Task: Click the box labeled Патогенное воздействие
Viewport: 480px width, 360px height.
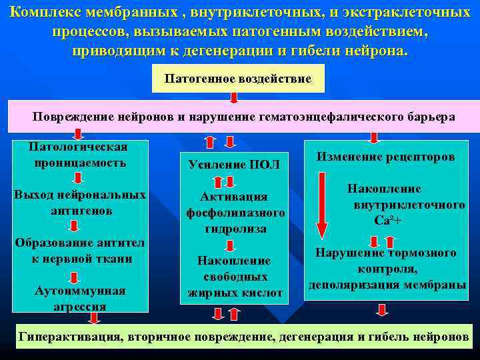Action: click(238, 79)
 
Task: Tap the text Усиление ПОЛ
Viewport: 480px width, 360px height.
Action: click(234, 164)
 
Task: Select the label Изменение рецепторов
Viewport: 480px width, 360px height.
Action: click(385, 157)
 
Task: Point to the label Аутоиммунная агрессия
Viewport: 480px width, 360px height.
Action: click(79, 299)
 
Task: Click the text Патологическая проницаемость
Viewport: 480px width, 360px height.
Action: click(79, 155)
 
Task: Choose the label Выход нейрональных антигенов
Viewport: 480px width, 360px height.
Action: click(79, 203)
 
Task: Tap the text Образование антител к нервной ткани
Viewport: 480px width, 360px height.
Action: click(79, 250)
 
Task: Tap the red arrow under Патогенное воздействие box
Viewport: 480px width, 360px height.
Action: click(234, 97)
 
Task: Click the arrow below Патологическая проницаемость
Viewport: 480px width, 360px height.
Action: click(79, 179)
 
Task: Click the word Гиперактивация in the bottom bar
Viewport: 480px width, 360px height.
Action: click(67, 337)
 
